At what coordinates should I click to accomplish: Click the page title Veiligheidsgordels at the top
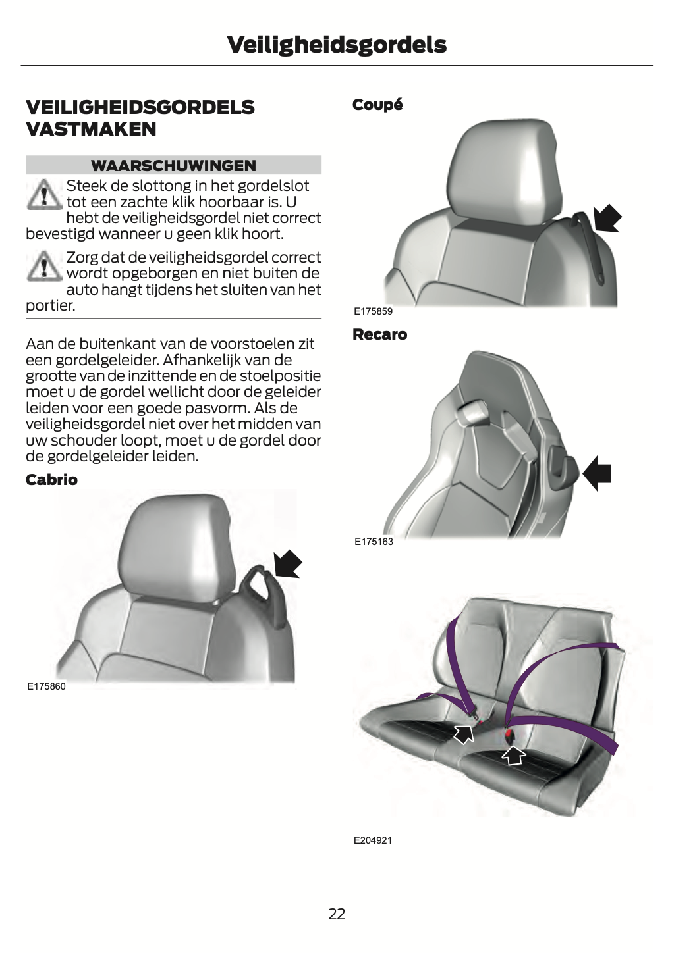point(337,45)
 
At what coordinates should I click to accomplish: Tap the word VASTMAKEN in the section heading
point(91,129)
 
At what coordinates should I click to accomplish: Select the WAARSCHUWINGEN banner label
point(174,165)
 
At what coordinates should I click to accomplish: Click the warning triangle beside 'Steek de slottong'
point(44,194)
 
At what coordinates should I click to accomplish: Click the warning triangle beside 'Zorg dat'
point(44,266)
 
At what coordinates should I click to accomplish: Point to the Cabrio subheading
point(51,480)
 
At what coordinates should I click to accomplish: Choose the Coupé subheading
point(377,105)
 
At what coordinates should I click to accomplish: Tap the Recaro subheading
point(380,334)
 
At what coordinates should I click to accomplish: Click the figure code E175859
point(373,311)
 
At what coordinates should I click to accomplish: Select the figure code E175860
point(46,686)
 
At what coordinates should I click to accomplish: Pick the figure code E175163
point(374,542)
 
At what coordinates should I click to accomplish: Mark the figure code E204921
point(373,840)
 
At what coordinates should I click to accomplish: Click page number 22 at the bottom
point(337,914)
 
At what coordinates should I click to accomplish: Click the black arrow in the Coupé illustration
point(607,219)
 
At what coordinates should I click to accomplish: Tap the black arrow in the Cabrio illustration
point(287,564)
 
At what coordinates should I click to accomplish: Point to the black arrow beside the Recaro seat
point(596,473)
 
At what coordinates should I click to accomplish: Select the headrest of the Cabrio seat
point(180,549)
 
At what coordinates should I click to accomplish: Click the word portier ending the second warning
point(50,306)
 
